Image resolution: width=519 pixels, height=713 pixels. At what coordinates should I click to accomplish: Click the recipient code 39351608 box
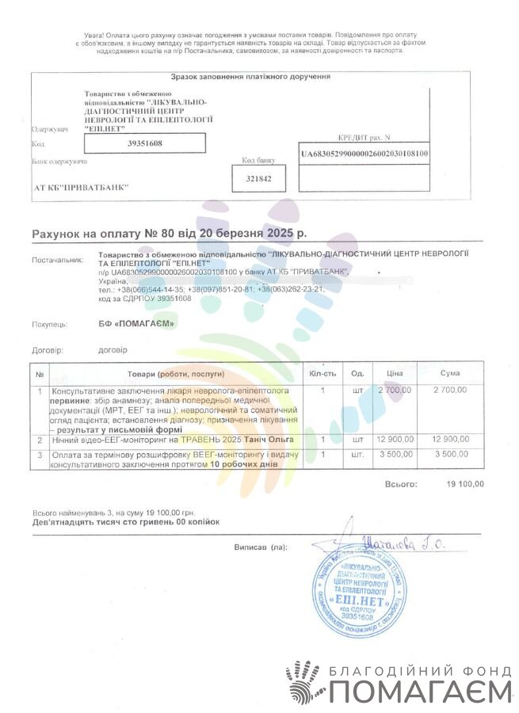click(x=144, y=143)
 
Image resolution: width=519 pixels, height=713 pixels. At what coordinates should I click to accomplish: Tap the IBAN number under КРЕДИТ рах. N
click(x=364, y=154)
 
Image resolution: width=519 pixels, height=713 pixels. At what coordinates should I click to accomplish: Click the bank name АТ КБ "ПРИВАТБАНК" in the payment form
click(x=80, y=189)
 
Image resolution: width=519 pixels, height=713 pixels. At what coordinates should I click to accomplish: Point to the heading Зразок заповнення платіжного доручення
click(x=250, y=77)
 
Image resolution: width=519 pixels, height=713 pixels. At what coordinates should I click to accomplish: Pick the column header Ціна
click(x=395, y=373)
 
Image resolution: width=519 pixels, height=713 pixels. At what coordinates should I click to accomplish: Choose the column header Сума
click(x=449, y=373)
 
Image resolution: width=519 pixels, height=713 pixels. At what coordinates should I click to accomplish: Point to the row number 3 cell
click(x=40, y=455)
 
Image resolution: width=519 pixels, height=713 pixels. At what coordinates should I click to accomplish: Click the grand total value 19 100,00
click(x=465, y=483)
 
